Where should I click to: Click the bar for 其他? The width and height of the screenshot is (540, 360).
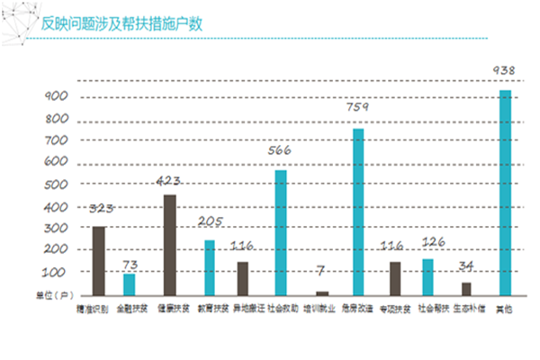(x=506, y=193)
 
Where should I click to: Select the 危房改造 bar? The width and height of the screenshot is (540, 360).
(x=358, y=212)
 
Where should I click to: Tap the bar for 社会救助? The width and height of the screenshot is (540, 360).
(x=281, y=233)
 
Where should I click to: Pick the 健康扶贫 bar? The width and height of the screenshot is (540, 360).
(x=168, y=246)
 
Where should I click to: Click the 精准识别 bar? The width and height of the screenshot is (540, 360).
(x=99, y=261)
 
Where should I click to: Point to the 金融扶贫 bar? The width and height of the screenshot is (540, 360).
(x=130, y=284)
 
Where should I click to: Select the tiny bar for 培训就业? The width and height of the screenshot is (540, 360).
(x=322, y=292)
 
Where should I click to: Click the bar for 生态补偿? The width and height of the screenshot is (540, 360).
(x=466, y=289)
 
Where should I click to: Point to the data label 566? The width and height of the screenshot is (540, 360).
(x=281, y=150)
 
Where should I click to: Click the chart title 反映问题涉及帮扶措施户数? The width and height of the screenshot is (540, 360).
(x=121, y=22)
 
